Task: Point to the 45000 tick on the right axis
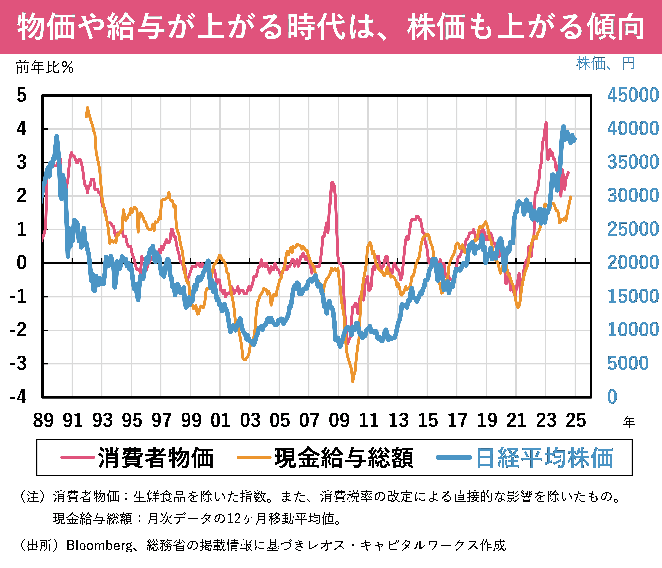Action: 633,95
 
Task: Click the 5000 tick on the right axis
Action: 628,363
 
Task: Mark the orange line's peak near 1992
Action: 87,108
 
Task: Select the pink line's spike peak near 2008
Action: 332,183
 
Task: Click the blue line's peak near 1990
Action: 57,136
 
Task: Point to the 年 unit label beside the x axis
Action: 629,422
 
